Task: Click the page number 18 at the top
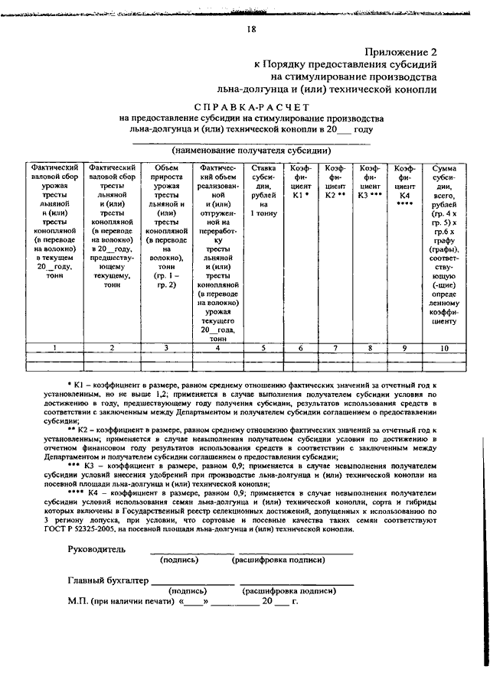(x=251, y=30)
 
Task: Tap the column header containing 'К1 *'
(x=301, y=184)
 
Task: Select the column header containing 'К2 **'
(x=335, y=184)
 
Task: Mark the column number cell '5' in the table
(x=263, y=348)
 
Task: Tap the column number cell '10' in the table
(x=444, y=348)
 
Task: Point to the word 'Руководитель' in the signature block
(x=97, y=549)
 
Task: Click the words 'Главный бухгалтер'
(x=108, y=580)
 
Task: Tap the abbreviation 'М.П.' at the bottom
(x=77, y=602)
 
